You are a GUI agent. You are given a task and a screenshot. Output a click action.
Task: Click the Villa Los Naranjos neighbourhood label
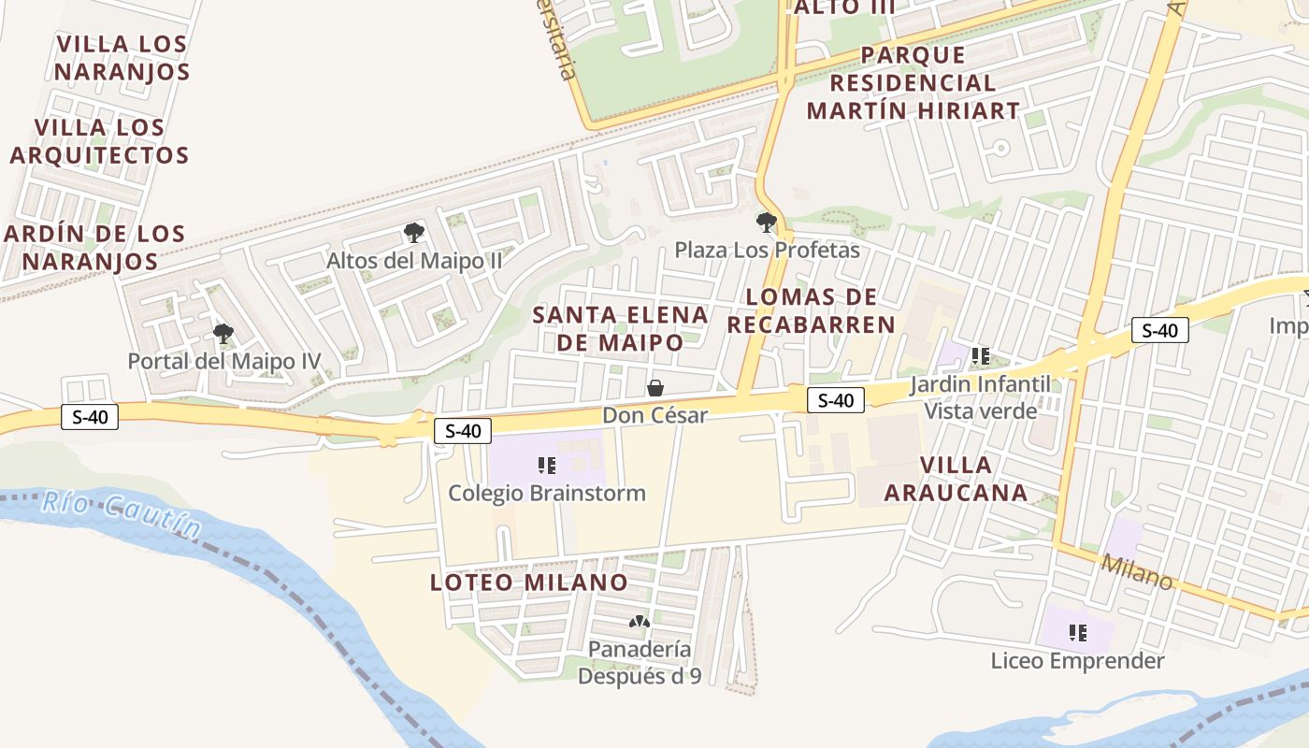(x=122, y=58)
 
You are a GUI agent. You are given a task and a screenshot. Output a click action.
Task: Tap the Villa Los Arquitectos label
(x=100, y=141)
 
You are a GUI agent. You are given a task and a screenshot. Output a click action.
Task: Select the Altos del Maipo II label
(x=414, y=261)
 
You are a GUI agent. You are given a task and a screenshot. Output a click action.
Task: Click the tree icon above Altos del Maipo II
(x=413, y=233)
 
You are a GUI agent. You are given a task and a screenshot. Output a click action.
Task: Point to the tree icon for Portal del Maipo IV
(x=223, y=333)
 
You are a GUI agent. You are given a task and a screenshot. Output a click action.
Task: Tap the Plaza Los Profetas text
(x=767, y=251)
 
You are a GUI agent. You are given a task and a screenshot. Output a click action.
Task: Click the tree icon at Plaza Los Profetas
(x=766, y=223)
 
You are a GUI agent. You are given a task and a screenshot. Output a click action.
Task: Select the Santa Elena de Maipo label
(x=620, y=328)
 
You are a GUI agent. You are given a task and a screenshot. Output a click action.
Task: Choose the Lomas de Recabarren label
(x=812, y=311)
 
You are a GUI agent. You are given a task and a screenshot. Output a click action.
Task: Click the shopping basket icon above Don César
(x=655, y=388)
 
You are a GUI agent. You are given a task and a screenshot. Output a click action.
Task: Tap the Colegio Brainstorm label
(x=547, y=493)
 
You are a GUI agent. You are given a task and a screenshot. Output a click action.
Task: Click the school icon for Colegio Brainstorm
(x=547, y=465)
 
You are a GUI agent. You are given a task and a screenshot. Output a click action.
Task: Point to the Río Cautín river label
(x=122, y=514)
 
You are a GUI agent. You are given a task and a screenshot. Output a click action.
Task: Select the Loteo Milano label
(x=528, y=583)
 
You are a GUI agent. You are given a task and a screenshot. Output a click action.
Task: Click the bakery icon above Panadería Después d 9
(x=639, y=622)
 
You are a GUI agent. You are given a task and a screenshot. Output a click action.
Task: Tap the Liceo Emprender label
(x=1077, y=661)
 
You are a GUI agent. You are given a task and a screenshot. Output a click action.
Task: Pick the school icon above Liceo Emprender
(x=1077, y=633)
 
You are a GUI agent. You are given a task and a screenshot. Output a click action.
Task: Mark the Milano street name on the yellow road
(x=1136, y=571)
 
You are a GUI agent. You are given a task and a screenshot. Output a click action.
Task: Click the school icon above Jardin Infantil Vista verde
(x=980, y=355)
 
